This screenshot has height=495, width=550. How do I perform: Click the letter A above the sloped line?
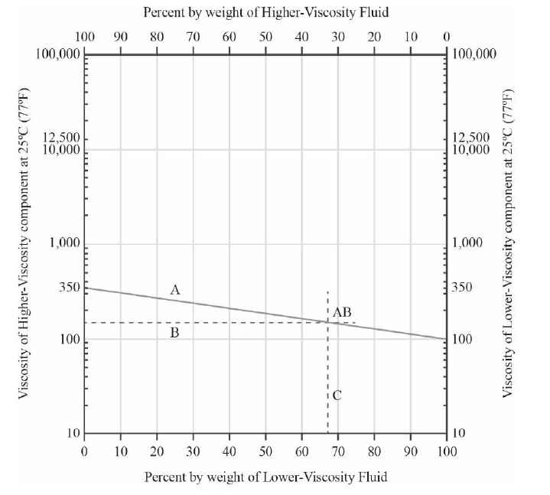(x=174, y=290)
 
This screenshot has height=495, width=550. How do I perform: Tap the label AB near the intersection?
(x=342, y=312)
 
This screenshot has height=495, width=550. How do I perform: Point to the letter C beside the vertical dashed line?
(x=337, y=396)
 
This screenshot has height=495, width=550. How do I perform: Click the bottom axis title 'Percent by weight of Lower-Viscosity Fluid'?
(x=265, y=477)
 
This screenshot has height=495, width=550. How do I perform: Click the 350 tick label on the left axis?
(x=70, y=288)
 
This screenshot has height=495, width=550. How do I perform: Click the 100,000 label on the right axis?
(x=475, y=54)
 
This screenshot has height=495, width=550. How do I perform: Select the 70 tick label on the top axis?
(x=194, y=37)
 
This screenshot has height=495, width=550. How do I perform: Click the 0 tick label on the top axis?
(x=446, y=37)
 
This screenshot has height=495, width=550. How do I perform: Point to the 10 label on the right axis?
(x=459, y=434)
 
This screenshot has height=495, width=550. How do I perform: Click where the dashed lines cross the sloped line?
(x=327, y=322)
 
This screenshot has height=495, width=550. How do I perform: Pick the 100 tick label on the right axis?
(x=464, y=339)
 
